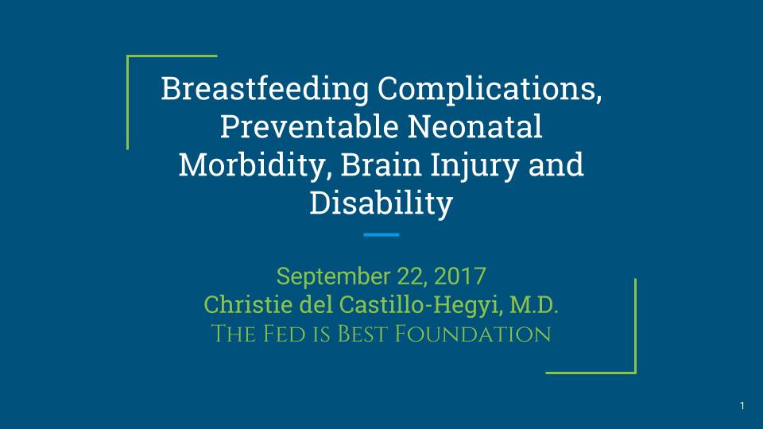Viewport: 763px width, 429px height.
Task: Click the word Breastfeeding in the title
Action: [265, 90]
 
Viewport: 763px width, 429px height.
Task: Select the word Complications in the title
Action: [490, 90]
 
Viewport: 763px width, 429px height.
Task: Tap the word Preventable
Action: [309, 126]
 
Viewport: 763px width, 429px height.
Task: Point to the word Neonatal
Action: [475, 126]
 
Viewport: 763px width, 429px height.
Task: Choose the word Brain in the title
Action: [381, 164]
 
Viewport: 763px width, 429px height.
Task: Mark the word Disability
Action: [381, 203]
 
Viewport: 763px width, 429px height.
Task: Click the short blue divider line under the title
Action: [381, 234]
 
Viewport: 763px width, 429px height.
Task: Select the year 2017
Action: [460, 276]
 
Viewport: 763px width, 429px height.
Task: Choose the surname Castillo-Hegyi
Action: [420, 306]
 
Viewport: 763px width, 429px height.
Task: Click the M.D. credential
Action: [534, 305]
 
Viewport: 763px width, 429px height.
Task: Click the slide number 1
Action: [742, 406]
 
